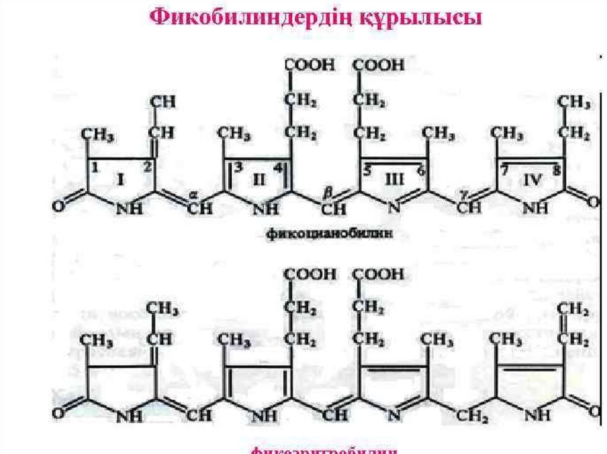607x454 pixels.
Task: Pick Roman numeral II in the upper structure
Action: pos(260,180)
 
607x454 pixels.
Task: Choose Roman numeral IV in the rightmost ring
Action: pos(532,180)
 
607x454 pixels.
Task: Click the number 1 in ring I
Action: pos(94,169)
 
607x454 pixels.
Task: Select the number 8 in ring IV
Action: pos(555,170)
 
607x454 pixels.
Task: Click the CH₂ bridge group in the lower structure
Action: pos(472,415)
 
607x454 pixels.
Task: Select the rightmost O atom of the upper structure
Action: pos(593,203)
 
